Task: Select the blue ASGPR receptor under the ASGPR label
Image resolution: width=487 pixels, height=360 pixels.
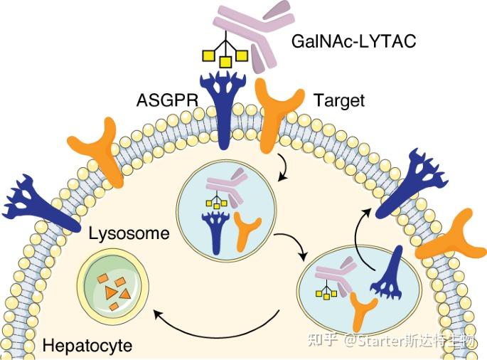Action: point(225,107)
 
